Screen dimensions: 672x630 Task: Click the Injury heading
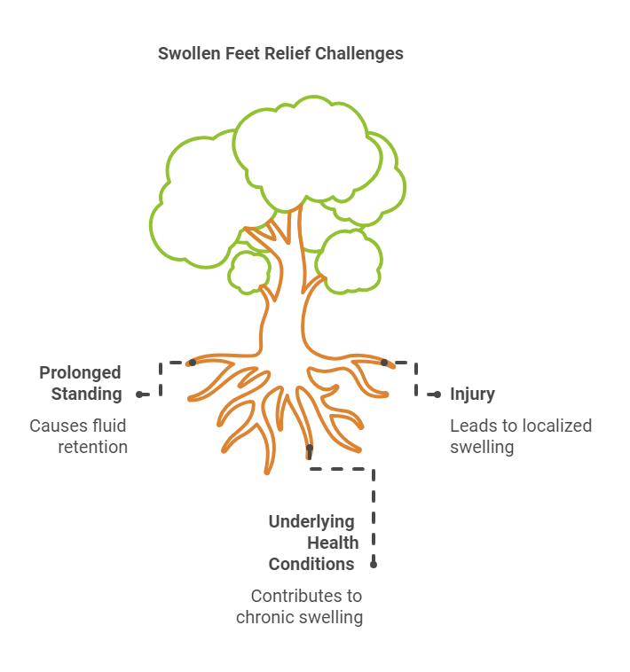[x=472, y=394]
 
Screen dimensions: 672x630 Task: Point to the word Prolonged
[x=80, y=372]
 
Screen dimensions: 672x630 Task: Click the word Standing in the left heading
[x=86, y=394]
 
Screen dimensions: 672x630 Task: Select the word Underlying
[x=311, y=521]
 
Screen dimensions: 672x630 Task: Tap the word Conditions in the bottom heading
[x=311, y=564]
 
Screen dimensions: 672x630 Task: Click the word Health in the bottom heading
[x=333, y=543]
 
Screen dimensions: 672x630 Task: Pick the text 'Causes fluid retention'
[x=79, y=436]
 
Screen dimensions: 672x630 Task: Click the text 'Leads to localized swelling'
[x=520, y=436]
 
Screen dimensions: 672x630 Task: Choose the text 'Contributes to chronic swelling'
[x=300, y=606]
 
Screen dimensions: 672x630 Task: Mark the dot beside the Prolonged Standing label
[x=139, y=394]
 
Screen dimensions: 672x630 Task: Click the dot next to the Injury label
[x=437, y=394]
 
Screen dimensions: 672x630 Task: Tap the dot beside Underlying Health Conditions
[x=374, y=563]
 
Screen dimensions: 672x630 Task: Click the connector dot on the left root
[x=193, y=363]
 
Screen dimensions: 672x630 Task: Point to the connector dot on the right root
[x=384, y=363]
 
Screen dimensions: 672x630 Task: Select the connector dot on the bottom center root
[x=310, y=449]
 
